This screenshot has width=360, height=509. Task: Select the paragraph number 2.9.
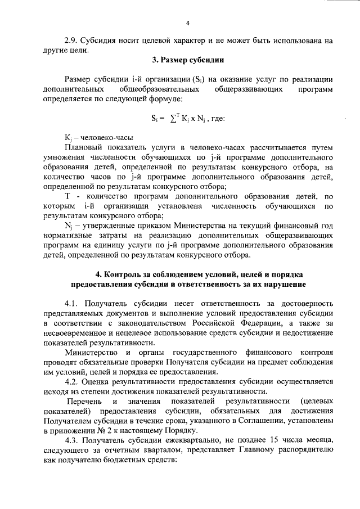pyautogui.click(x=71, y=40)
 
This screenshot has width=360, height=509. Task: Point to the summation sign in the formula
pyautogui.click(x=171, y=119)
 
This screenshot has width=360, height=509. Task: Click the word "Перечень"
pyautogui.click(x=84, y=404)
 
